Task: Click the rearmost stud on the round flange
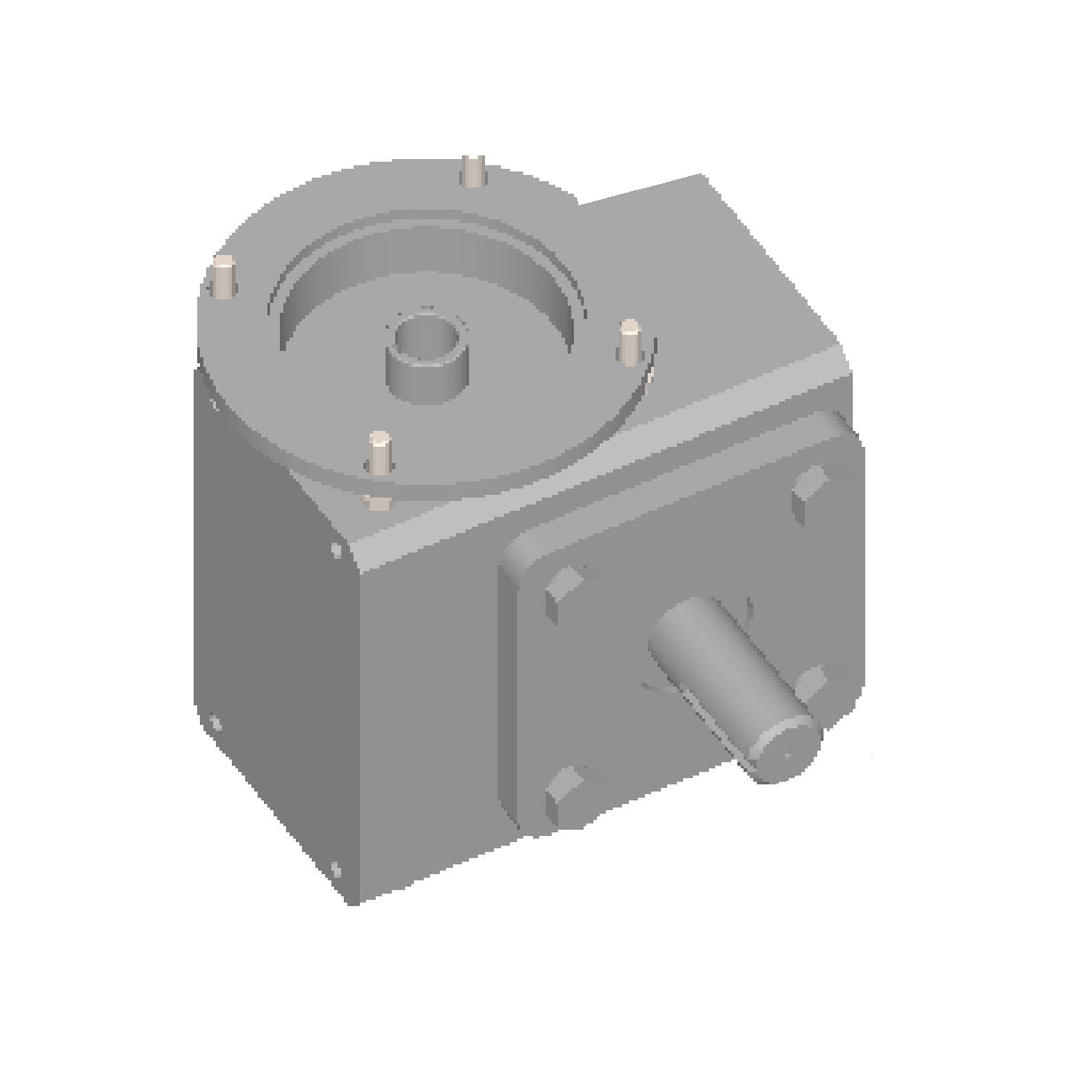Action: [x=473, y=171]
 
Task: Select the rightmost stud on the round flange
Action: [x=630, y=341]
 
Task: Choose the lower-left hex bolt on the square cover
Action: [x=564, y=791]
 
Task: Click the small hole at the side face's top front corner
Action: [x=335, y=550]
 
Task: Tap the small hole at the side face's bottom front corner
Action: [x=335, y=868]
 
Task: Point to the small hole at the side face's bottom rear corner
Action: [x=213, y=724]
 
